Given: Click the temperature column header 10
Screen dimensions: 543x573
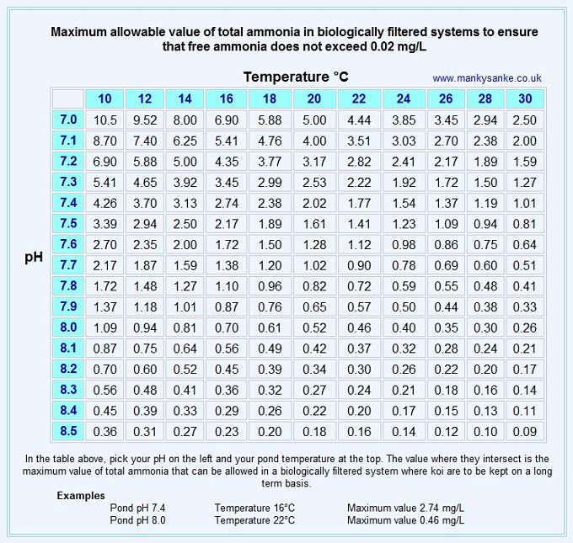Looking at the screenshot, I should [105, 98].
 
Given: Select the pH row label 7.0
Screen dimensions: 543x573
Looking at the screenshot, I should [68, 120].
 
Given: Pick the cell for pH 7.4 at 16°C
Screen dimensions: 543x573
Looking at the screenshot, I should [227, 203].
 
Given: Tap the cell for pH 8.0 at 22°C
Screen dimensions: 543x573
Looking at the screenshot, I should [359, 327].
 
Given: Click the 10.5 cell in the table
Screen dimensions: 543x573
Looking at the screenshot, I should [105, 120].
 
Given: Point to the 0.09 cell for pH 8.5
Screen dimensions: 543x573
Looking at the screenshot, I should [524, 432].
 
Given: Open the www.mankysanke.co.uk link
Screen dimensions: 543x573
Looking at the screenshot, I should [487, 78].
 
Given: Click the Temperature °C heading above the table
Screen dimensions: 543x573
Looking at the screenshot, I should [296, 77].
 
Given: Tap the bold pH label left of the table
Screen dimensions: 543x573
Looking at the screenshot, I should [34, 258].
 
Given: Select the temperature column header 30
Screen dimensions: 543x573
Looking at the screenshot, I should [525, 98].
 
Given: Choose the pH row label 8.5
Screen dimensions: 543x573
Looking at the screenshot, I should [68, 431].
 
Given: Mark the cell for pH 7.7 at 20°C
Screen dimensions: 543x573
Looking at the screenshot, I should [313, 265].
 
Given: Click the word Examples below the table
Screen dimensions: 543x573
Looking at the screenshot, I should [81, 496].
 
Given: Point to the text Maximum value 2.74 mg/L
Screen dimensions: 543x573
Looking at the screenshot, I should [405, 508].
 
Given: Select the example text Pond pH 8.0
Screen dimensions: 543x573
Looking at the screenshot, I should [138, 520].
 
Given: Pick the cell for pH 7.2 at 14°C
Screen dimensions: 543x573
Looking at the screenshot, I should [185, 162].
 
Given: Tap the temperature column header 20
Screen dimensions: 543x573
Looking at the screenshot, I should [313, 98].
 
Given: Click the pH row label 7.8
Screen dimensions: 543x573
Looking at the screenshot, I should [68, 285].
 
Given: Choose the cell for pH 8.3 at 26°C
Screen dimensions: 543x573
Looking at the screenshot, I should [446, 390].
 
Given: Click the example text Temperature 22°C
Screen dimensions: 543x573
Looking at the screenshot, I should [254, 520].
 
